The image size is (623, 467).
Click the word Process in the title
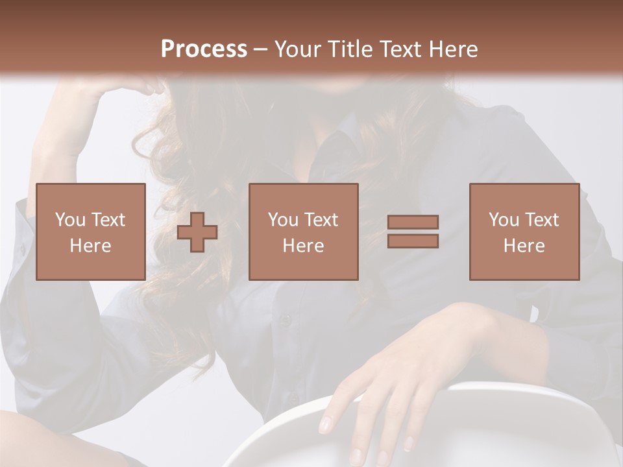coord(204,49)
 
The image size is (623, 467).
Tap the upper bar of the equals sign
coord(413,222)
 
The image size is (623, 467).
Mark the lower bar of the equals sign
coord(413,241)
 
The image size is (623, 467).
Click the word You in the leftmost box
coord(69,220)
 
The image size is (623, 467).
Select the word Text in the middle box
coord(322,220)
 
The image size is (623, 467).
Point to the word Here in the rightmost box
coord(524,246)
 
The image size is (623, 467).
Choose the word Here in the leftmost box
coord(91,246)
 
